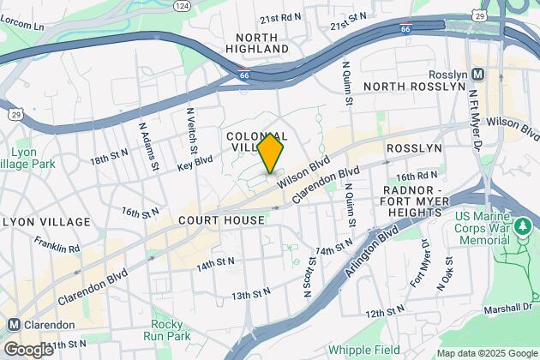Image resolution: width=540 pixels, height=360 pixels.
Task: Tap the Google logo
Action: click(x=28, y=350)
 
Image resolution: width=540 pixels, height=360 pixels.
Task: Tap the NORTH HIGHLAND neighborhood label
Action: click(x=257, y=44)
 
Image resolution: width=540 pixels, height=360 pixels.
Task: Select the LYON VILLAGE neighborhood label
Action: click(x=47, y=222)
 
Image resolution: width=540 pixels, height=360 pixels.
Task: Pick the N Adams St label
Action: click(x=148, y=144)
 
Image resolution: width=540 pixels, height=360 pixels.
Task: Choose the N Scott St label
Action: click(x=307, y=279)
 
